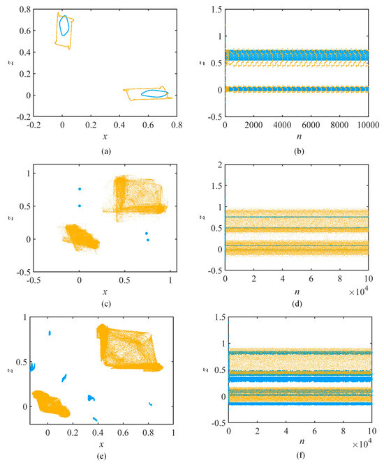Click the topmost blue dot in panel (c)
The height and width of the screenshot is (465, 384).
pos(80,189)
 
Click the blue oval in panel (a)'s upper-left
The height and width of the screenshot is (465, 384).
pos(64,26)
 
